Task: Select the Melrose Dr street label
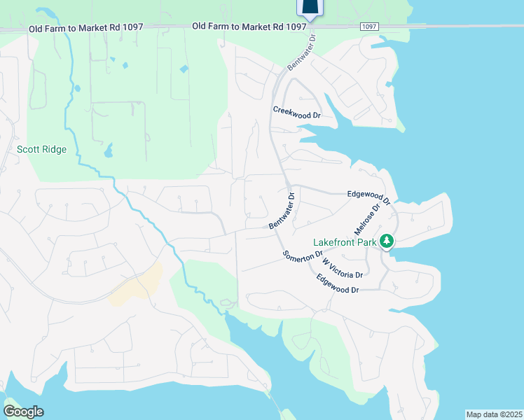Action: pos(371,219)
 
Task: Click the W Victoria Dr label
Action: pos(342,267)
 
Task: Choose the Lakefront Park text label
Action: pos(345,242)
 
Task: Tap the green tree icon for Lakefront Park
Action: pos(386,242)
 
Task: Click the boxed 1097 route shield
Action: pos(371,26)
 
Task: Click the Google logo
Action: pos(23,411)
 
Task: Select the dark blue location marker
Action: pos(310,7)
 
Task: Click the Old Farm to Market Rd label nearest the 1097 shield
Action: pos(250,26)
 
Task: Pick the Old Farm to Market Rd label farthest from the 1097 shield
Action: pos(86,27)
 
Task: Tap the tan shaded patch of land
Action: pos(137,287)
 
